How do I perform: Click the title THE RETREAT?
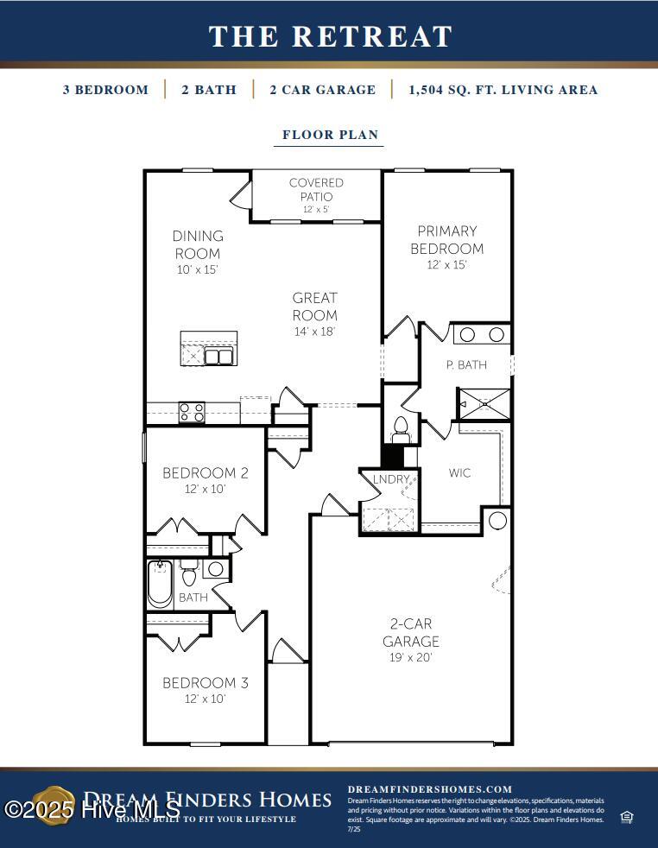(x=330, y=36)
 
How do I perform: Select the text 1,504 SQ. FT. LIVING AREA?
(x=503, y=90)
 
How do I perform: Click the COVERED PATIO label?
(x=316, y=190)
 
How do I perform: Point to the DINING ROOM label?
(x=198, y=244)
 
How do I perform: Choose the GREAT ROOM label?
(x=314, y=307)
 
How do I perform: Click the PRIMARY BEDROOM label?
(x=446, y=239)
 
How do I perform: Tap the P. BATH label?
(x=466, y=364)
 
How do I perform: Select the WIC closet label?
(x=459, y=472)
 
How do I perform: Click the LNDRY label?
(x=390, y=479)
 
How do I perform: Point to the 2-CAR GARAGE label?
(x=411, y=632)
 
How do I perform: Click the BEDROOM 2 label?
(x=206, y=473)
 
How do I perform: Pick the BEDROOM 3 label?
(x=206, y=683)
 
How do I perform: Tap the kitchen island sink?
(x=218, y=357)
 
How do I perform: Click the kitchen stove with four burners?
(x=192, y=413)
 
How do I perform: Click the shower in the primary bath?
(x=484, y=403)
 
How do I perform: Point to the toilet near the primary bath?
(x=400, y=427)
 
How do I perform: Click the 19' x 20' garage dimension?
(x=411, y=657)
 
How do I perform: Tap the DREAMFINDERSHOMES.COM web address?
(x=429, y=789)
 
